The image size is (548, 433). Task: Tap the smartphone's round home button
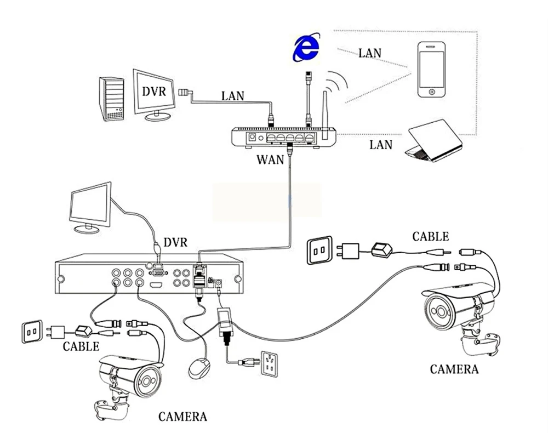click(432, 92)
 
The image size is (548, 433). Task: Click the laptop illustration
click(434, 140)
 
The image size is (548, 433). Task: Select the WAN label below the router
click(270, 159)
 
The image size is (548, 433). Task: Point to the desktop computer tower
click(111, 99)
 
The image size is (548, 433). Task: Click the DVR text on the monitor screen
click(154, 92)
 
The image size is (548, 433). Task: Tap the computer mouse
click(199, 368)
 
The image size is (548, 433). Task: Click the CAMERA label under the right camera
click(454, 369)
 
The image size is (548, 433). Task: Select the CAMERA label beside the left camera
click(182, 417)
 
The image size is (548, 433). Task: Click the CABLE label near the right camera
click(431, 237)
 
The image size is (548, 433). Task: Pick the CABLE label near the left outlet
click(81, 346)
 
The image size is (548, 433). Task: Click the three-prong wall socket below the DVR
click(270, 364)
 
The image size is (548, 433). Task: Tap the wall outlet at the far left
click(32, 331)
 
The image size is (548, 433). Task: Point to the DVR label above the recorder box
click(175, 242)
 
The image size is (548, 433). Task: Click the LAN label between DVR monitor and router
click(233, 96)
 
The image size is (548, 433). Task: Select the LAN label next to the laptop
click(381, 145)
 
